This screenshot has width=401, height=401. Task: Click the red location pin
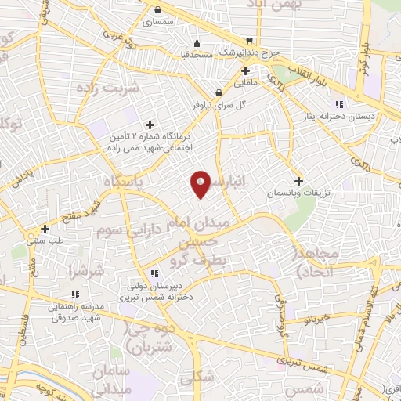(x=200, y=184)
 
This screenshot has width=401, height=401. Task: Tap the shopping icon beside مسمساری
(x=159, y=11)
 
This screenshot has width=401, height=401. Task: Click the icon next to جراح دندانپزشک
(x=249, y=40)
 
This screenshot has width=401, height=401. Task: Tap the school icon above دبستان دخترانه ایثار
(x=338, y=104)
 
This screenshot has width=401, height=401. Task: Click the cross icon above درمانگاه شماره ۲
(x=150, y=125)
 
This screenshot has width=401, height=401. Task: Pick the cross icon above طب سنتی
(x=45, y=229)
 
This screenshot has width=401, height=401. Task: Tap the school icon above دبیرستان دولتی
(x=154, y=273)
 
